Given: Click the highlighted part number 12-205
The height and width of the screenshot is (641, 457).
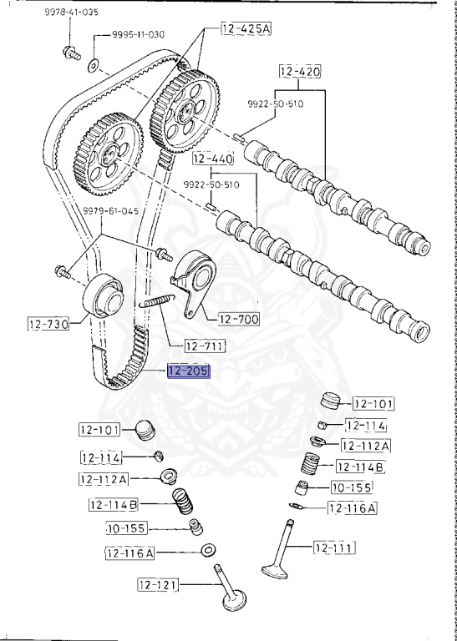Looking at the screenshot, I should click(x=189, y=371).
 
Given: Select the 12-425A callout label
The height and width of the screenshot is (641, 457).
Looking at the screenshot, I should click(x=247, y=29).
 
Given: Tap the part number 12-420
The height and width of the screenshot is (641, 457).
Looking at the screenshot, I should click(x=301, y=72).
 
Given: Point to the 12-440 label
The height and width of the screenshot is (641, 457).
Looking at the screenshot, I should click(x=212, y=157).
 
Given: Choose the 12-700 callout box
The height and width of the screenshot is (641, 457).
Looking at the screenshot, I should click(x=239, y=318).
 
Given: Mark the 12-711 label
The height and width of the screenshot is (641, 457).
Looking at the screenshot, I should click(x=206, y=345).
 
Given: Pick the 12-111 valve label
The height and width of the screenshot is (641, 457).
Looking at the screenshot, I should click(x=334, y=548).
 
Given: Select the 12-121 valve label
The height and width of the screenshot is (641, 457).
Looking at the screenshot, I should click(x=159, y=584).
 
